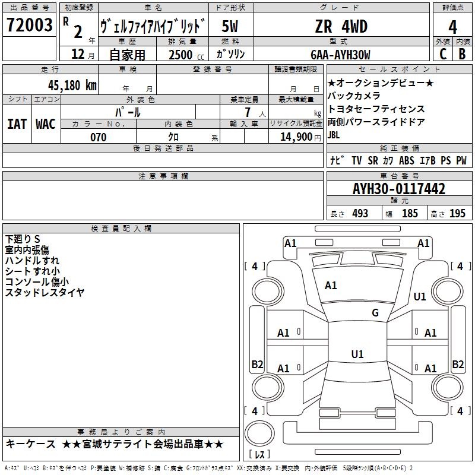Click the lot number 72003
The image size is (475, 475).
click(29, 25)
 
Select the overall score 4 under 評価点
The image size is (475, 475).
click(452, 27)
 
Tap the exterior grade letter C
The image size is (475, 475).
click(443, 54)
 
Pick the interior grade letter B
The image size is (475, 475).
click(463, 54)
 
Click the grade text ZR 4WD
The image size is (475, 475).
click(341, 26)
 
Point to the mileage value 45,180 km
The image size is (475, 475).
click(72, 85)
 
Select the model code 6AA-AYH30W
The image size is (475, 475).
click(340, 55)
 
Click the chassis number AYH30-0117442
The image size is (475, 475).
click(399, 189)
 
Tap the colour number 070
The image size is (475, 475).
click(98, 137)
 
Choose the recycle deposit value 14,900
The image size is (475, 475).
click(296, 137)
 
